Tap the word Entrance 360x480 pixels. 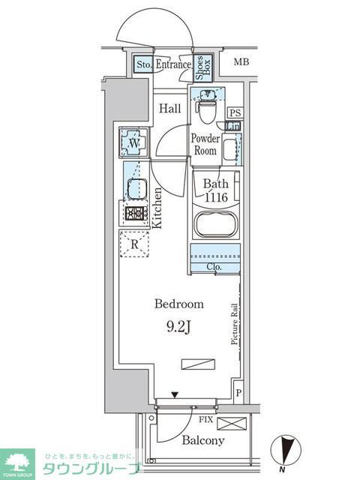[x=173, y=65]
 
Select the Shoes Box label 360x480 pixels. [x=202, y=68]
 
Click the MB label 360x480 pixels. [x=241, y=61]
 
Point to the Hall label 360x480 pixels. [x=169, y=109]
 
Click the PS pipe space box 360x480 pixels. [x=234, y=112]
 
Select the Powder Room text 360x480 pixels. [x=205, y=144]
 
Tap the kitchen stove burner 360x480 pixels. [x=135, y=214]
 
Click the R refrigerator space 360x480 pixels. [x=134, y=244]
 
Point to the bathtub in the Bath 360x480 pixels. [x=215, y=226]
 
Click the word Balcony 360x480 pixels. [x=202, y=440]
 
